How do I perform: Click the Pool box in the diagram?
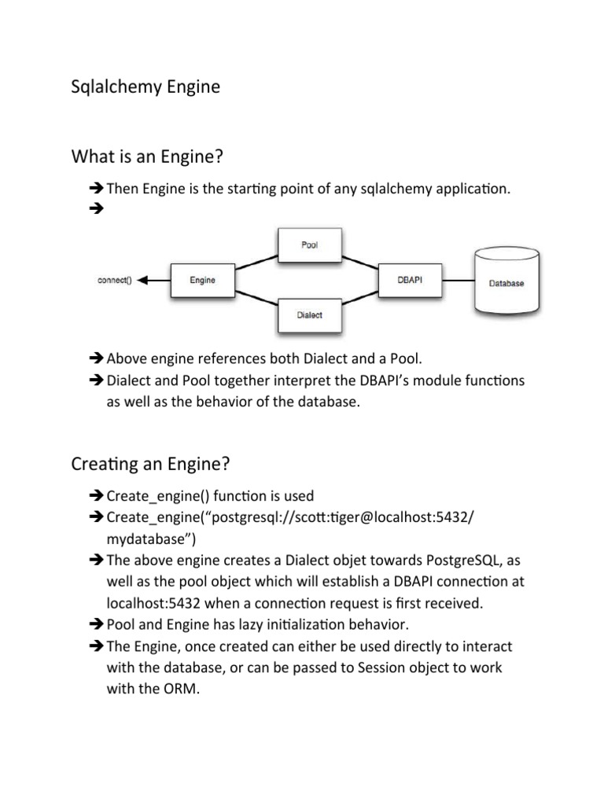(x=310, y=244)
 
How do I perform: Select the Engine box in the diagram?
(x=202, y=280)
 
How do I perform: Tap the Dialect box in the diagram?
(x=310, y=315)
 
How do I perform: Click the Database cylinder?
(x=506, y=281)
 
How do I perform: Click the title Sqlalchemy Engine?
(x=145, y=87)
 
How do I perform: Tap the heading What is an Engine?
(x=147, y=158)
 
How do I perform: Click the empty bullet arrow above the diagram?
(x=97, y=209)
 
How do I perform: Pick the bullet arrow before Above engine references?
(x=97, y=359)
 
